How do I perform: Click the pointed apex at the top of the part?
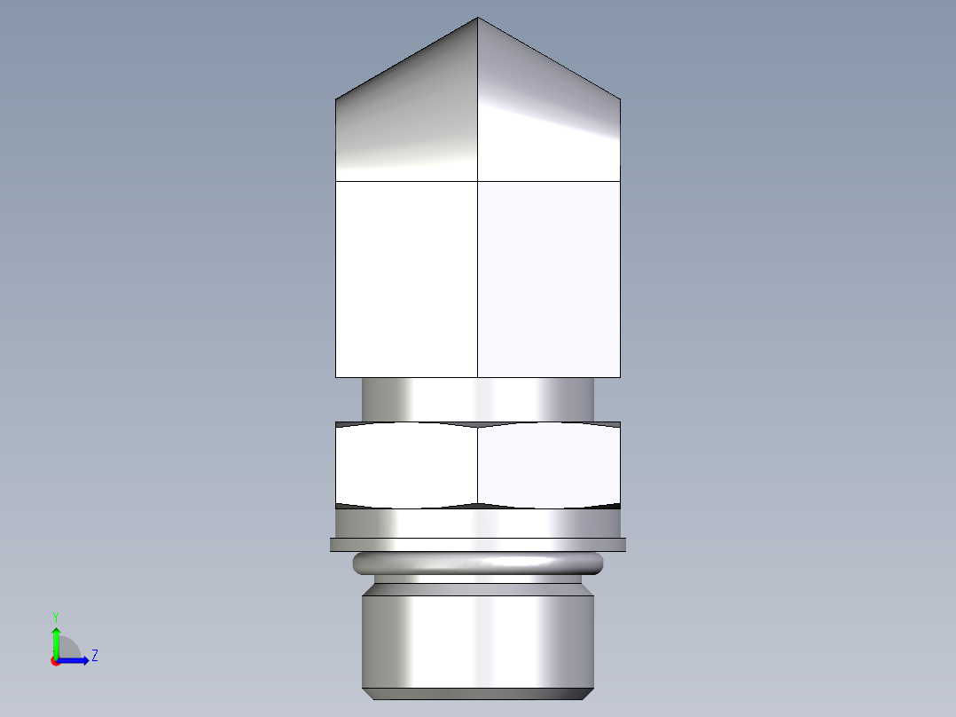point(478,19)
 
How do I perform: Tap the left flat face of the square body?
point(407,280)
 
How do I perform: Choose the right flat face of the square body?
point(549,280)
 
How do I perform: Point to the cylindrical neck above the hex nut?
point(478,399)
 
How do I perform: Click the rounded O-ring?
point(478,563)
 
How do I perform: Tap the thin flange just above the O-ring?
point(478,545)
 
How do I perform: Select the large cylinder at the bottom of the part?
point(478,639)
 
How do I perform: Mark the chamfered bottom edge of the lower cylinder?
point(478,694)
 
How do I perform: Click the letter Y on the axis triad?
point(56,616)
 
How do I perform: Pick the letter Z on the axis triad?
point(94,656)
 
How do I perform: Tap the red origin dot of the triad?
point(55,661)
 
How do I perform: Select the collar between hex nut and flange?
point(478,523)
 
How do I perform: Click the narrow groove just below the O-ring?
point(478,579)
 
